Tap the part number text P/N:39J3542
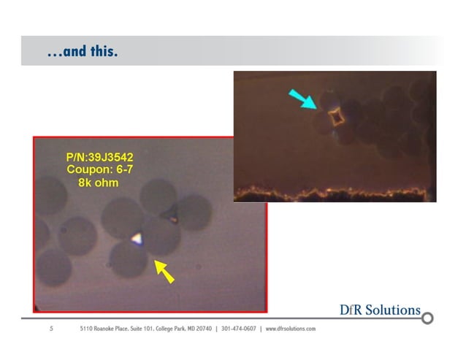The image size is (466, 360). tap(99, 157)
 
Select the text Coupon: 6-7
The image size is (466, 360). tap(97, 169)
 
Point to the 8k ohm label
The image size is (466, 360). tap(97, 182)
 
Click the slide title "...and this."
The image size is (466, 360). tap(82, 53)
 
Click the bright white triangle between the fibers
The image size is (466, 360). tap(137, 237)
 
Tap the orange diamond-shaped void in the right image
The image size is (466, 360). tap(336, 117)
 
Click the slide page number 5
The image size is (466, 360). tap(51, 329)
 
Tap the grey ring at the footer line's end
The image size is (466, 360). tap(428, 318)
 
